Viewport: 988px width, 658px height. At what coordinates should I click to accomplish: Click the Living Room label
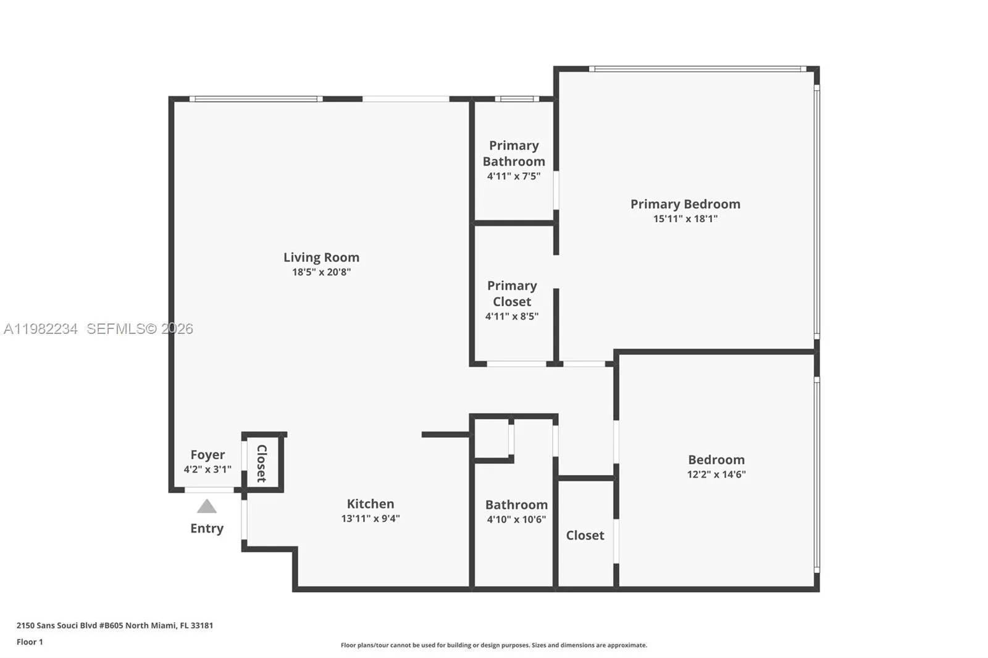[x=321, y=257]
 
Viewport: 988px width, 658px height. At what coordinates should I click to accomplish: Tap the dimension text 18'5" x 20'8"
[x=321, y=272]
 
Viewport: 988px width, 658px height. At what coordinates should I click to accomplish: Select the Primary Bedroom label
[x=685, y=204]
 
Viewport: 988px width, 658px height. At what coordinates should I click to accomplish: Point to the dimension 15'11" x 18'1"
[x=685, y=219]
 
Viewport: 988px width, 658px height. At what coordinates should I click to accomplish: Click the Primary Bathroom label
[x=514, y=153]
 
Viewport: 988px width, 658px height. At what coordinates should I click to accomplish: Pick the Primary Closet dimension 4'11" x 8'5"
[x=511, y=317]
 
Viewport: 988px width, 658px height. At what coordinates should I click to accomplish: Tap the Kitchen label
[x=370, y=504]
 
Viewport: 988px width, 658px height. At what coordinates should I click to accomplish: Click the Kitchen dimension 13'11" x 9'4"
[x=370, y=518]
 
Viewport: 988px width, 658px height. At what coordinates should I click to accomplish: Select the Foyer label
[x=207, y=455]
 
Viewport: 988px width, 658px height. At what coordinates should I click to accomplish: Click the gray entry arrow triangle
[x=207, y=507]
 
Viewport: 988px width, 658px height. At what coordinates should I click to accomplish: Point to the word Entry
[x=207, y=528]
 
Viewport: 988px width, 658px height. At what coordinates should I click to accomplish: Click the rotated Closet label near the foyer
[x=262, y=463]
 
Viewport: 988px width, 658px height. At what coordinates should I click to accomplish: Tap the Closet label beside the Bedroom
[x=585, y=535]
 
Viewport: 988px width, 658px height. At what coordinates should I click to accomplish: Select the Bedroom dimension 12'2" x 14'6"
[x=716, y=475]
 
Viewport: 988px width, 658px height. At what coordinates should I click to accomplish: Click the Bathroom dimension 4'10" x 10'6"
[x=516, y=520]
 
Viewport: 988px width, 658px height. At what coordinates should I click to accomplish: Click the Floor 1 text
[x=30, y=642]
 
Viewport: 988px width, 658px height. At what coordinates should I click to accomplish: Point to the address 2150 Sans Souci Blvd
[x=114, y=625]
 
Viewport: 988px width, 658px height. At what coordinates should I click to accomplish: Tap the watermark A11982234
[x=41, y=329]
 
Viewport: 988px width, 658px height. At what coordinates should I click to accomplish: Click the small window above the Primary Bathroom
[x=516, y=99]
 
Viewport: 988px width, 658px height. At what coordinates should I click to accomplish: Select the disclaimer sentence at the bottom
[x=493, y=645]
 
